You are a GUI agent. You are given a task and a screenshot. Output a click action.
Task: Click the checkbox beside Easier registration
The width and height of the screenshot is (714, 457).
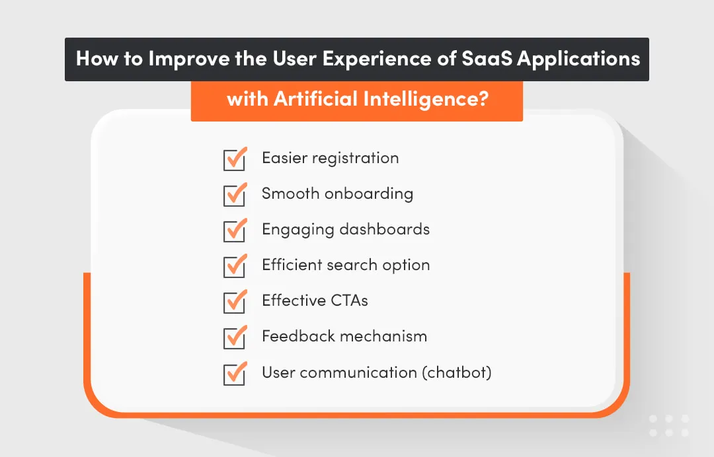coord(234,160)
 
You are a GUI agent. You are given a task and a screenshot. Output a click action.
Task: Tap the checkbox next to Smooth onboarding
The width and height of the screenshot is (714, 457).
coord(234,195)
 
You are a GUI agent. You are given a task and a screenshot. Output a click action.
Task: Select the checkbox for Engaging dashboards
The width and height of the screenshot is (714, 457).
coord(234,231)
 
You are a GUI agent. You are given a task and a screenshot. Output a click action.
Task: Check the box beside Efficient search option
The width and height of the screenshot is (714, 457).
coord(234,267)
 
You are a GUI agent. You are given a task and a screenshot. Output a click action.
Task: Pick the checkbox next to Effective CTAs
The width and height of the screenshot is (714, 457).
coord(234,302)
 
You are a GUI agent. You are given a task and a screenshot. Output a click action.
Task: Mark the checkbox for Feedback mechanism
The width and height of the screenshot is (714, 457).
coord(234,338)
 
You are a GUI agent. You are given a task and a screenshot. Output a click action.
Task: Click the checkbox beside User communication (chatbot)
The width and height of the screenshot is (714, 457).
coord(234,374)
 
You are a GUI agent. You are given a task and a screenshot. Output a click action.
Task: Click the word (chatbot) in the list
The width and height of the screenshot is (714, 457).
coord(457,372)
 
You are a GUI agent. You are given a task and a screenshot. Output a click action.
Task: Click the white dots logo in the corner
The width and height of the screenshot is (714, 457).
coord(668,426)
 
